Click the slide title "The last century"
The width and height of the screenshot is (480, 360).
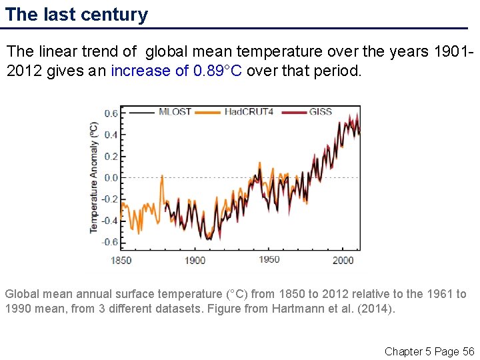point(77,15)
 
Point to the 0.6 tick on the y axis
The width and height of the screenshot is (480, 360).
point(110,114)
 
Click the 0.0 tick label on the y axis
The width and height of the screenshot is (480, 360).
point(110,178)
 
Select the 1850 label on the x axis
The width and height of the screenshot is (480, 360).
point(121,260)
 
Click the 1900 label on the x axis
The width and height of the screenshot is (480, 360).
point(195,260)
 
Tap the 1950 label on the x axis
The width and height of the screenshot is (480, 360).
point(269,259)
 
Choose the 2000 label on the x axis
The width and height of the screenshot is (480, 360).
point(343,260)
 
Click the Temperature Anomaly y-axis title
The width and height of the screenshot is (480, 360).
point(94,177)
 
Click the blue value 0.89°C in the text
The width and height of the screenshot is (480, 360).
point(218,71)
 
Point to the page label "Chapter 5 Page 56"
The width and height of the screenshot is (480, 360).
point(429,351)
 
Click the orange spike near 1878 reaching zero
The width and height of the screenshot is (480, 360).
point(162,177)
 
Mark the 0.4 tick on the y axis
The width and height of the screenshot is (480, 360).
point(110,135)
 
